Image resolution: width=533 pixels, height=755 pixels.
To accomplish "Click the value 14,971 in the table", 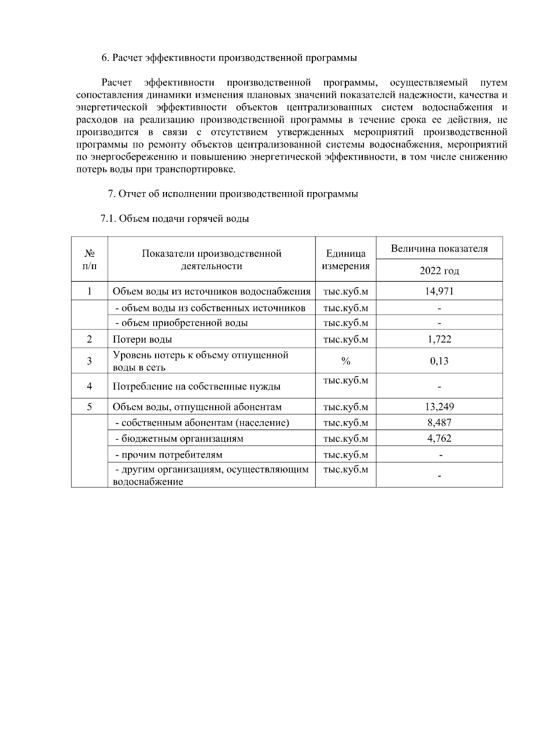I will click(439, 292).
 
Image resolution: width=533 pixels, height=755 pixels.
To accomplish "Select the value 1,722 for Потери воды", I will click(439, 339).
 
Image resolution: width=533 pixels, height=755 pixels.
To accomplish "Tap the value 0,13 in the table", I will click(439, 361).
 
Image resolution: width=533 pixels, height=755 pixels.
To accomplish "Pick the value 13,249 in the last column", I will click(439, 407).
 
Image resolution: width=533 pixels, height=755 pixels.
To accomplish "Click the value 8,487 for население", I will click(439, 422).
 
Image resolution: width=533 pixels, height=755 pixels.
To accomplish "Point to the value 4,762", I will click(439, 438).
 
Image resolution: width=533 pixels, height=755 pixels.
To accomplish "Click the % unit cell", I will click(346, 361).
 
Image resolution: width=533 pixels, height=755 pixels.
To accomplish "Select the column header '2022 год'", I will click(439, 271).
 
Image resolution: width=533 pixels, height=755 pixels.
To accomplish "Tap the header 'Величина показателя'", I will click(439, 248).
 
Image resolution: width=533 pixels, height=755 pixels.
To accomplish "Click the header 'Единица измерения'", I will click(346, 260).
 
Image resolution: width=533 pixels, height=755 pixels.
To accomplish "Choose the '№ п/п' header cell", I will click(89, 260).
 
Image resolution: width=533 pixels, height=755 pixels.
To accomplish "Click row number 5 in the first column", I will click(89, 407).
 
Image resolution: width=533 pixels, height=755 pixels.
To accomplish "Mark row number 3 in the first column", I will click(89, 361).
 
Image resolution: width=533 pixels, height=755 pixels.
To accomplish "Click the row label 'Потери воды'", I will click(142, 340).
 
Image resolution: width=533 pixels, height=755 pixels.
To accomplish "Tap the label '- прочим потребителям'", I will click(169, 455).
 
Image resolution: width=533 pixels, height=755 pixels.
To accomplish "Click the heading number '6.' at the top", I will click(105, 58).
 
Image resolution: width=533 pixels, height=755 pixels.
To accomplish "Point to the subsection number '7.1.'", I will click(108, 219).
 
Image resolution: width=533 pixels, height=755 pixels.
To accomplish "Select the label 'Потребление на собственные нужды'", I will click(196, 386).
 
